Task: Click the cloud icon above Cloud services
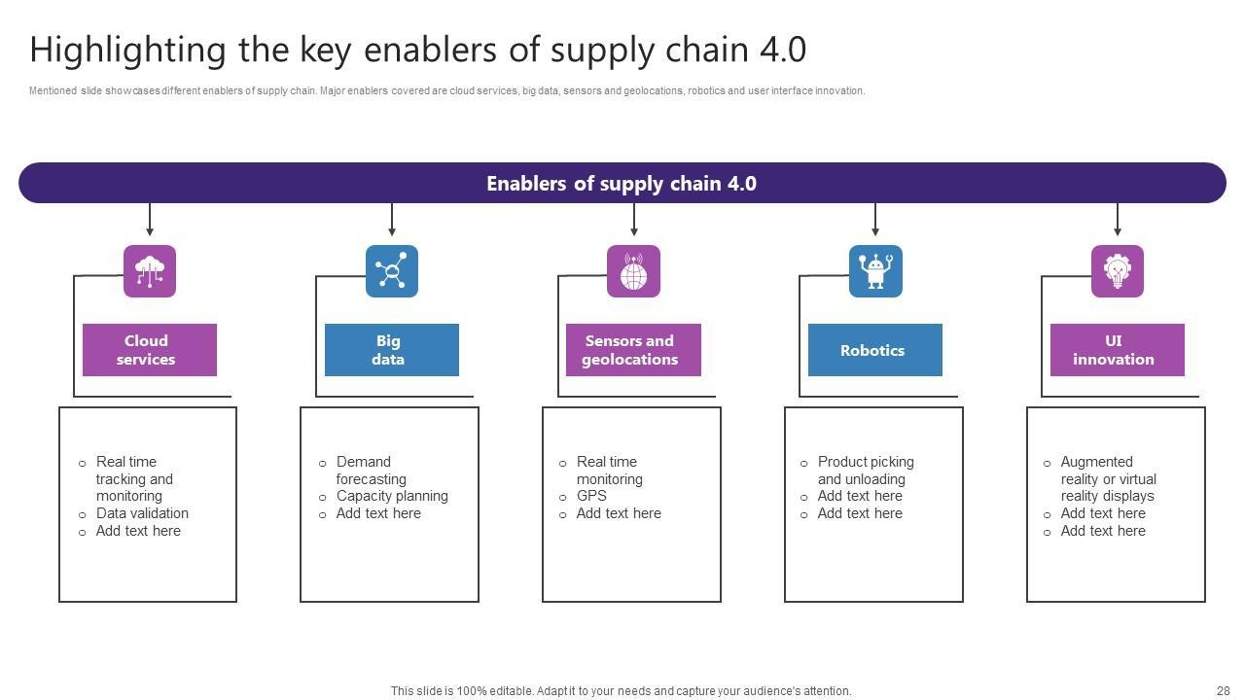point(150,271)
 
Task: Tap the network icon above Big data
point(392,271)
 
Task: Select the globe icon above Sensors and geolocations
point(633,271)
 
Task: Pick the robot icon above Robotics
point(875,271)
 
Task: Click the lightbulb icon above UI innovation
point(1117,271)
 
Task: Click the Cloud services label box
point(150,350)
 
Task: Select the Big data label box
point(392,350)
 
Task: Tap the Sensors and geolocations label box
point(633,350)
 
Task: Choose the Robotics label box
point(875,350)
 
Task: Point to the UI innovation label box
point(1117,350)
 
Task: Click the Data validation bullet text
point(142,513)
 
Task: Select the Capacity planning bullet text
point(392,496)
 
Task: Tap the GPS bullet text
point(591,496)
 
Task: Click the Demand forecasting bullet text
point(371,471)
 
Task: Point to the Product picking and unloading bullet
point(865,471)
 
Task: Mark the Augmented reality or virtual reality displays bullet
point(1108,479)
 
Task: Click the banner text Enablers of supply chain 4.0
point(622,184)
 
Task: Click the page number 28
point(1223,691)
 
